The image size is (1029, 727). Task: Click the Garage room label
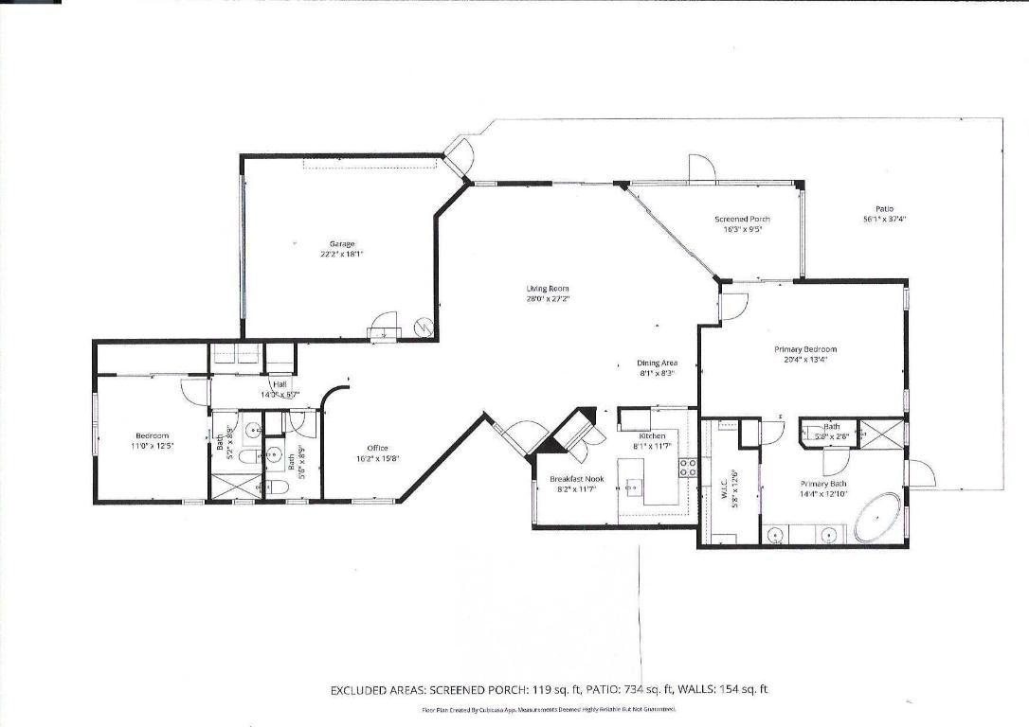[x=341, y=243]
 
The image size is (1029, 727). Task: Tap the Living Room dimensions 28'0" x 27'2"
[x=548, y=298]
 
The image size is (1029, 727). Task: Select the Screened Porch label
[x=736, y=219]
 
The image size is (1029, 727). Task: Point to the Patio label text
[x=883, y=208]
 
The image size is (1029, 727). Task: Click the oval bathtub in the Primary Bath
[x=879, y=516]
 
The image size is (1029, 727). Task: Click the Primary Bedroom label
[x=805, y=348]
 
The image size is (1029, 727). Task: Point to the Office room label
[x=377, y=449]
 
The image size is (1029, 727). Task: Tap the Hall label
[x=280, y=384]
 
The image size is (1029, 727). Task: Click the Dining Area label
[x=656, y=363]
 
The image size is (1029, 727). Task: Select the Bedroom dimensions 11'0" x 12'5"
[x=153, y=444]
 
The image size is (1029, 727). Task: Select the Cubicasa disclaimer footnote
[x=548, y=709]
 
